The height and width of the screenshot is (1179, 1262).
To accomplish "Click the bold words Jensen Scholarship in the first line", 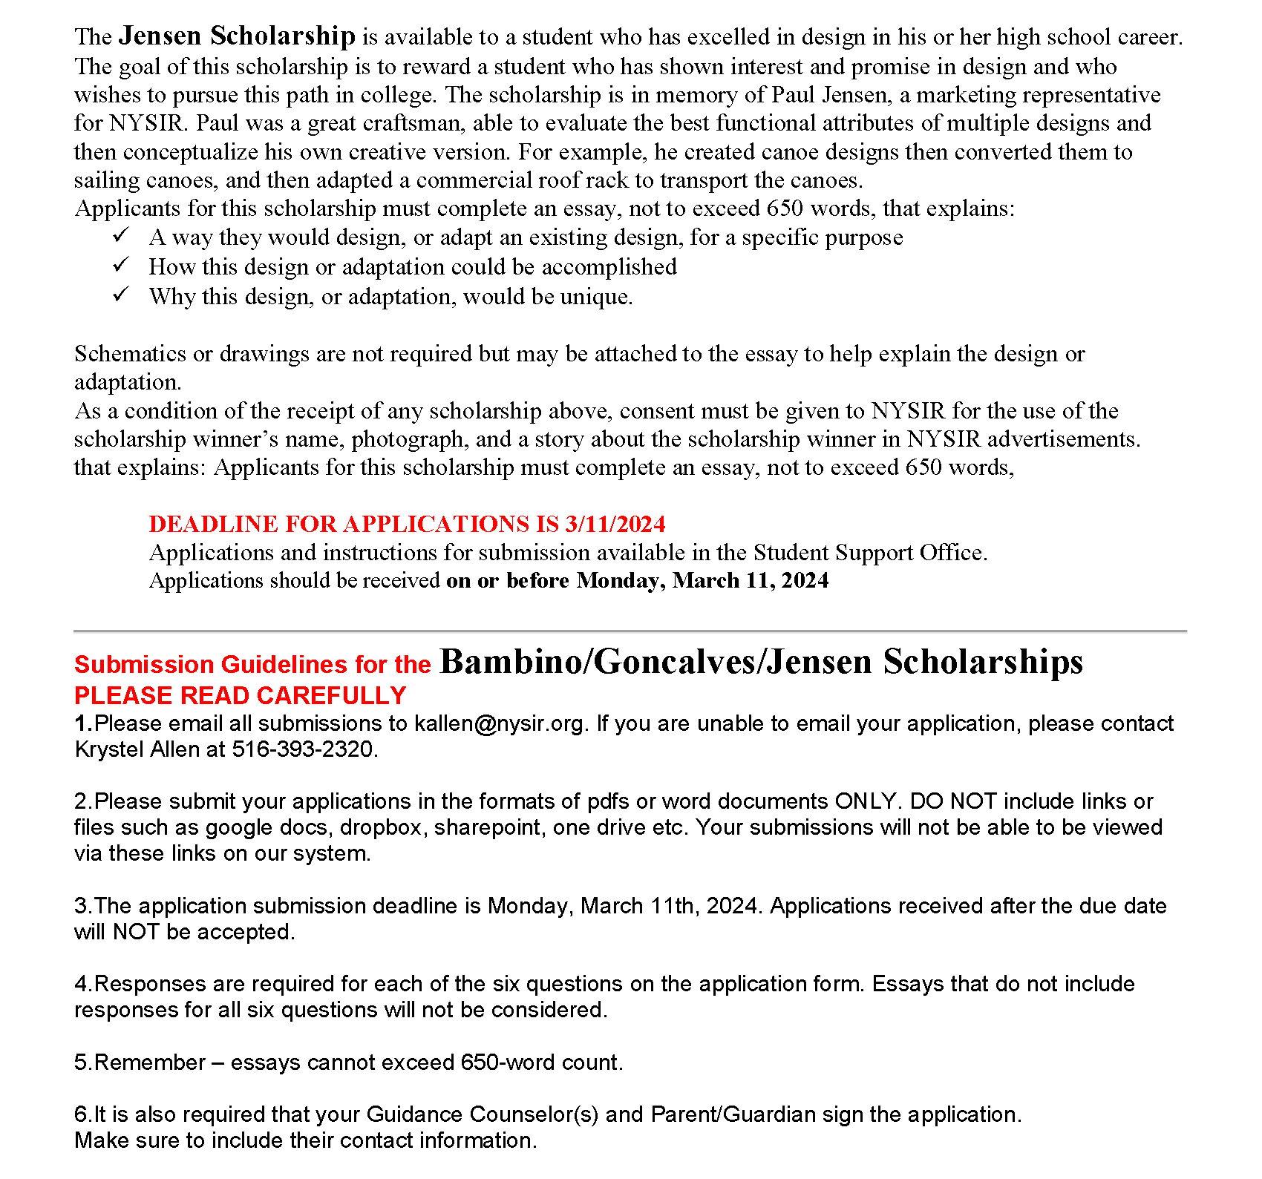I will (x=237, y=36).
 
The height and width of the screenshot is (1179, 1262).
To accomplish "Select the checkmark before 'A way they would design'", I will (x=121, y=236).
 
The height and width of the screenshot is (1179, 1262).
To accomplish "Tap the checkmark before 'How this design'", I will (x=121, y=265).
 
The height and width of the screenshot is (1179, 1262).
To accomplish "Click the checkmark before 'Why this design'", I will (x=121, y=295).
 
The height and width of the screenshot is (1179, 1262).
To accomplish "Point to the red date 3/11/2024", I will (x=615, y=524).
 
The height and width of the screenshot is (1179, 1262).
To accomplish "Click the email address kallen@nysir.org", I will (x=499, y=723).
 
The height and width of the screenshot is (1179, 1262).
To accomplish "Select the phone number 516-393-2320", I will (x=303, y=749).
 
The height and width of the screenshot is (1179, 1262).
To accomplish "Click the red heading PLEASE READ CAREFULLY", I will (x=240, y=696).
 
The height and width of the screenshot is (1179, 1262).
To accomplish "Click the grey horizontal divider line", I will (x=630, y=631).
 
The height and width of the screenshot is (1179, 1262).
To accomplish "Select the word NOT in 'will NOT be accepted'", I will (x=136, y=932).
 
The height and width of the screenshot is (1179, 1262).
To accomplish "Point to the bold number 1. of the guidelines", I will (x=83, y=723).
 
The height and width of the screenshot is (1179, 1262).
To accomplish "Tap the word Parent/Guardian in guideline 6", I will (x=733, y=1114).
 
